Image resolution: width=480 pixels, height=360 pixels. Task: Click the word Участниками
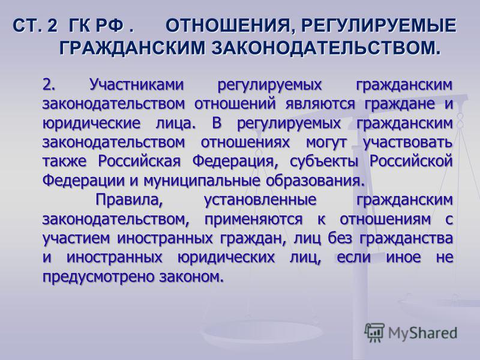[x=137, y=84]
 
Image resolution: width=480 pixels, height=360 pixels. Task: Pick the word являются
[x=320, y=104]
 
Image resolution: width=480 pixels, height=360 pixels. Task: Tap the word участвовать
[x=408, y=143]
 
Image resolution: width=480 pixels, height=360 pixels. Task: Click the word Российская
[x=140, y=161]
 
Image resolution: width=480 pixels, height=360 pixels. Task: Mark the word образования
[x=316, y=181]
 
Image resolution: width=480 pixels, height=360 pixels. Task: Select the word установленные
[x=260, y=200]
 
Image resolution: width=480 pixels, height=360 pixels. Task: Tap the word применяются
[x=253, y=220]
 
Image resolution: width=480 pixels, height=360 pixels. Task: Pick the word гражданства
[x=406, y=239]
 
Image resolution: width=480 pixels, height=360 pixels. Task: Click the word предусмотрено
[x=98, y=277]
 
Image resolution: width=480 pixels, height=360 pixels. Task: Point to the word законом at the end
[x=190, y=277]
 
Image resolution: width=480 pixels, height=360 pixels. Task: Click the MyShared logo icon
[x=374, y=333]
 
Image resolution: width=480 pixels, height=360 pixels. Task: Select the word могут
[x=327, y=143]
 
